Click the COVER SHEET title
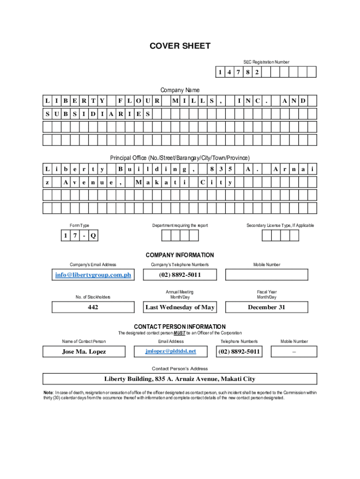click(180, 46)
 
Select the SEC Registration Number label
click(266, 62)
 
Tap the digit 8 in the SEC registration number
click(247, 73)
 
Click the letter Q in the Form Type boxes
click(93, 236)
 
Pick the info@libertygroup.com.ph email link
click(93, 275)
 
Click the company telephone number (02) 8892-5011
click(180, 275)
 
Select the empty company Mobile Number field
click(266, 275)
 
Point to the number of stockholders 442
click(93, 307)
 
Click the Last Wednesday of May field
click(180, 307)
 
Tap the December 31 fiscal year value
click(266, 307)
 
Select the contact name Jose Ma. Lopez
click(84, 351)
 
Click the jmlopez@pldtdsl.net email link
click(171, 351)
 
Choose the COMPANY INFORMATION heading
click(180, 255)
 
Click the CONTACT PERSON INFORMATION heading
click(180, 327)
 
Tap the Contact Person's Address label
click(180, 369)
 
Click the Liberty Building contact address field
click(180, 379)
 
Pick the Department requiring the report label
click(180, 225)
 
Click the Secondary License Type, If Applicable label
click(281, 225)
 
